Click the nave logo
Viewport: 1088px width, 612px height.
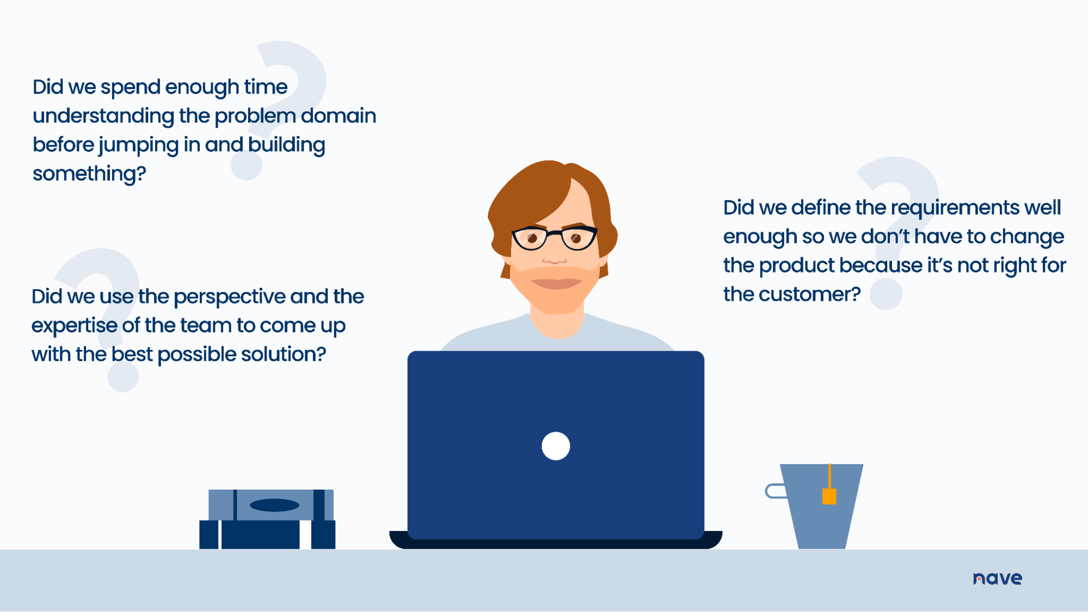(997, 578)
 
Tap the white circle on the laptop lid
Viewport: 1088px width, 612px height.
(556, 446)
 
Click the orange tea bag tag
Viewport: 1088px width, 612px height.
(829, 496)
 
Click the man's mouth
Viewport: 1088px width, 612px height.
(556, 283)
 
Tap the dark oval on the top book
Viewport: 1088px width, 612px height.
(274, 505)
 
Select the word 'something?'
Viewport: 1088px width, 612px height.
(89, 174)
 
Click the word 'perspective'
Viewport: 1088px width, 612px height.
(229, 297)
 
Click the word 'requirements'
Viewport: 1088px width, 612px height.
(955, 208)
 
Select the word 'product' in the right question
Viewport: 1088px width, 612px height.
(797, 265)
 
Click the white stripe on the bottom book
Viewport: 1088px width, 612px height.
(305, 534)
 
